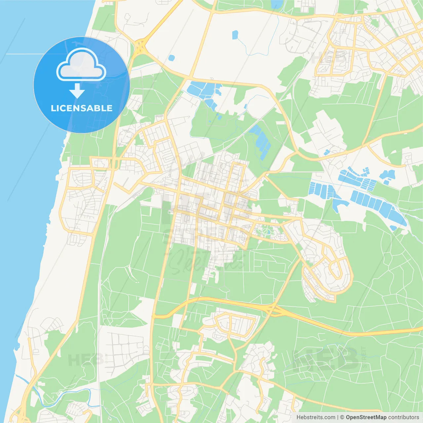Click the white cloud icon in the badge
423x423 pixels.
(81, 65)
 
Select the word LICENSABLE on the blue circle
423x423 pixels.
(81, 108)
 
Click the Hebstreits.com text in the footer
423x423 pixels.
(316, 417)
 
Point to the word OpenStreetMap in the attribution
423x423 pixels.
(366, 417)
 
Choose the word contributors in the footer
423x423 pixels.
(404, 417)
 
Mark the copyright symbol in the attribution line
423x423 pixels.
(342, 417)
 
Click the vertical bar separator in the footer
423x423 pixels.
(337, 417)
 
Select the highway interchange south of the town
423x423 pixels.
(273, 309)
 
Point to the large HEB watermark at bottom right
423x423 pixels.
(326, 359)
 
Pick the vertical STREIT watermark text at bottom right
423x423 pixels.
(364, 357)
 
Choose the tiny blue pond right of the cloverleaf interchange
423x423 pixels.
(171, 58)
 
